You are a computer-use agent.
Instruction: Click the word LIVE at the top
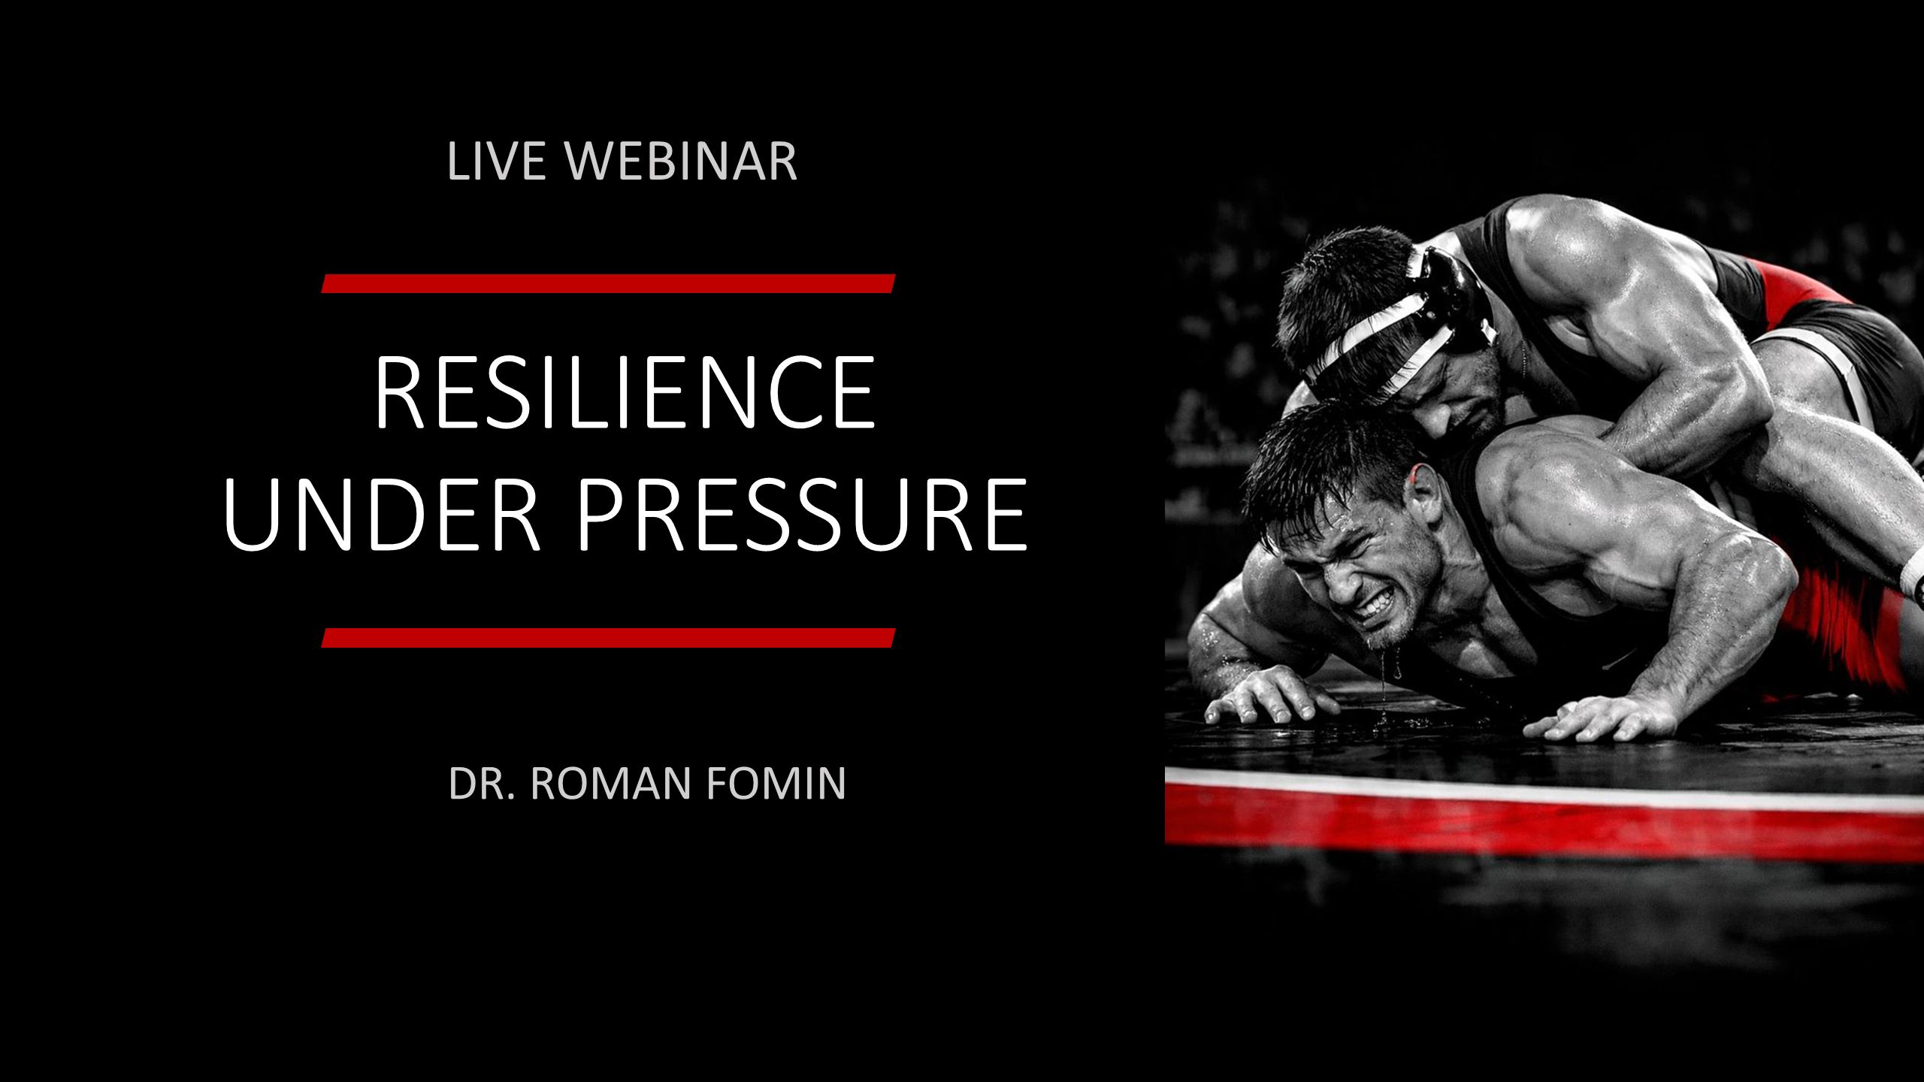click(496, 161)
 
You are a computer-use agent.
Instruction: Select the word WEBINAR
click(681, 161)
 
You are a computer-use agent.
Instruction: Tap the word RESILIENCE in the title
click(625, 392)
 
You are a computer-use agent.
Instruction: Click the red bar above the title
click(609, 283)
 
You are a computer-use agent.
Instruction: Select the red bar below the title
click(609, 638)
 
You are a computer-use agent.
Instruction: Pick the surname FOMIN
click(776, 784)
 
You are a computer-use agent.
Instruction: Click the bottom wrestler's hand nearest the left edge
click(1263, 695)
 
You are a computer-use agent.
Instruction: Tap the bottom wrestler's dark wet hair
click(1330, 466)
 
